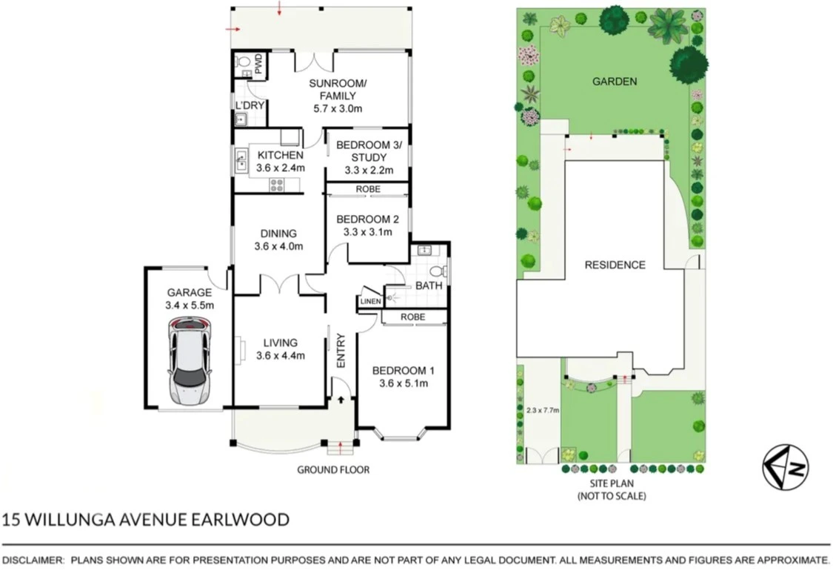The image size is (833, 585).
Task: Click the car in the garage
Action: point(190,360)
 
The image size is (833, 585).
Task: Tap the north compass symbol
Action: point(786,466)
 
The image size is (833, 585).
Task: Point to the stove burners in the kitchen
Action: point(277,185)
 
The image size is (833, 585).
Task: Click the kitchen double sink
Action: point(241,161)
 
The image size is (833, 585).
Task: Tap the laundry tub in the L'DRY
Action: point(241,120)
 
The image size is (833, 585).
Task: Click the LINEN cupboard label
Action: point(370,302)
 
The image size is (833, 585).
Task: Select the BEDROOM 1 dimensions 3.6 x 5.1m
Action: point(404,383)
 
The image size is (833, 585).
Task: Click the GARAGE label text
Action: point(189,292)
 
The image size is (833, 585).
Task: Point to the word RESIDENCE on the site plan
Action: point(615,265)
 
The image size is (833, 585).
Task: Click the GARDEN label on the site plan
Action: point(615,82)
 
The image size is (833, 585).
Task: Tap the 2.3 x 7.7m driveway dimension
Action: point(543,410)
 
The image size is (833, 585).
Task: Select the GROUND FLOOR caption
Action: point(333,469)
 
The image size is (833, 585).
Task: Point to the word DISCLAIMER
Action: point(33,560)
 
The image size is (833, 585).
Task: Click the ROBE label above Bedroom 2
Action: point(368,189)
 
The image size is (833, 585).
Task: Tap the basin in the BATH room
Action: point(424,250)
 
